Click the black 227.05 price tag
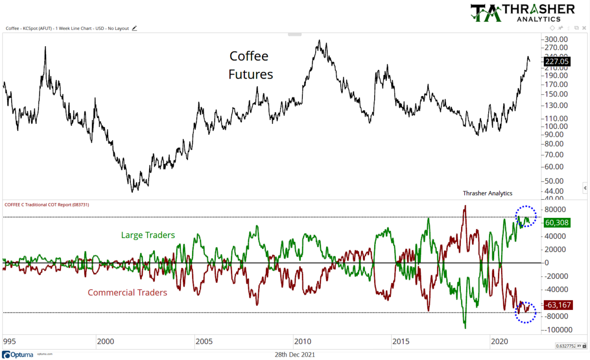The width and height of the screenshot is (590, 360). [x=557, y=61]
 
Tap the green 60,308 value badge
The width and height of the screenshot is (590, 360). [x=557, y=223]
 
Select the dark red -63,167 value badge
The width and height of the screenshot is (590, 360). [x=558, y=305]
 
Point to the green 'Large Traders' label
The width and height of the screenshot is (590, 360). [x=148, y=235]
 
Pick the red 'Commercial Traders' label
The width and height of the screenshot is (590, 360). [x=127, y=293]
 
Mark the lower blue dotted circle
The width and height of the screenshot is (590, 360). [x=526, y=312]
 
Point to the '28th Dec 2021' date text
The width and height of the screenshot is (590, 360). [x=295, y=354]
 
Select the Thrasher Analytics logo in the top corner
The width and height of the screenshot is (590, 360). [x=522, y=13]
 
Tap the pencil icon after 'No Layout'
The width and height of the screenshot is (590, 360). [x=134, y=29]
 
